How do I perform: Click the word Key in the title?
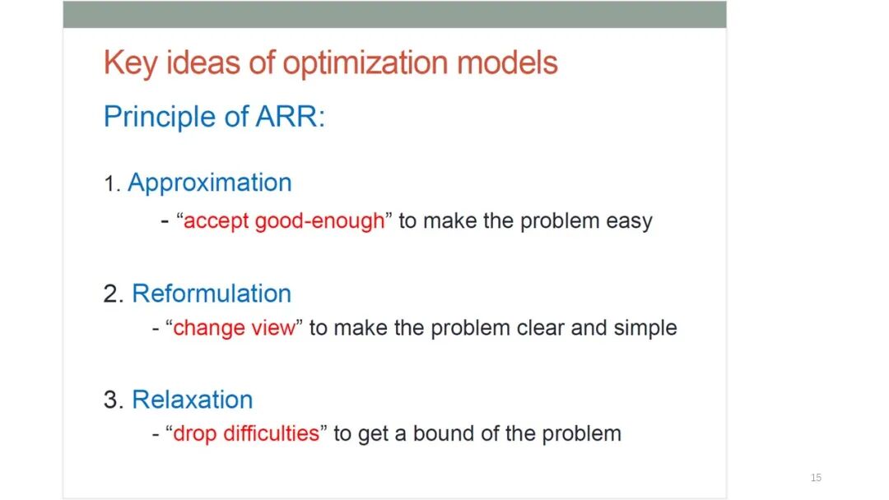point(130,63)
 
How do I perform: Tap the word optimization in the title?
point(365,63)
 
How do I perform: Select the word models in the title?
point(507,62)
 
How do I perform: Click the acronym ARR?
point(287,117)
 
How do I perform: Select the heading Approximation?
point(210,183)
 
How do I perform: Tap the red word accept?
point(216,221)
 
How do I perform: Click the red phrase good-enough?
point(319,220)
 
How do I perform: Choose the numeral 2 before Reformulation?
point(112,294)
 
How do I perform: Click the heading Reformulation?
point(212,294)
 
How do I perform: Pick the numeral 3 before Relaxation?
point(112,400)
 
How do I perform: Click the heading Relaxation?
point(192,399)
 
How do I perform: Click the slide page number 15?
point(816,478)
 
